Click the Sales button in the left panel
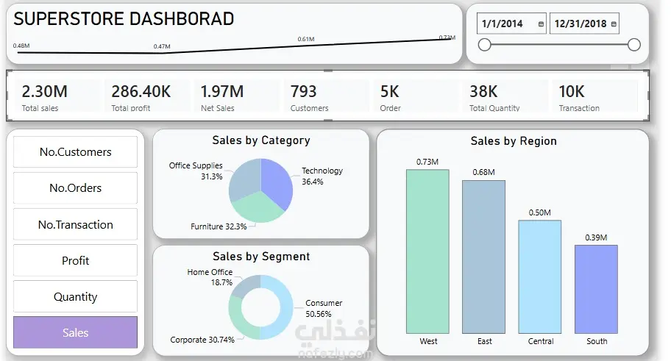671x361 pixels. (x=75, y=332)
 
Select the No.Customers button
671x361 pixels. (x=75, y=152)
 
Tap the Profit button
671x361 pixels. (x=75, y=260)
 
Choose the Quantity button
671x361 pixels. (x=75, y=296)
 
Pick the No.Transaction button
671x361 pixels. (x=75, y=224)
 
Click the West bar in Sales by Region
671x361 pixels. (x=427, y=251)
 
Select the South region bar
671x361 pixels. (x=596, y=289)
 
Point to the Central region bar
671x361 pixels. (x=539, y=276)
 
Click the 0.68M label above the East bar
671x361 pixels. (x=483, y=172)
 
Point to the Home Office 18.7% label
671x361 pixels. (x=210, y=277)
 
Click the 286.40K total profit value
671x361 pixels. (x=141, y=92)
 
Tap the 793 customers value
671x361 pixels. (x=303, y=92)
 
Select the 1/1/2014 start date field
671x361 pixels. (x=503, y=24)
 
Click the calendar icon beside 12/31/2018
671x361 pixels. (x=614, y=24)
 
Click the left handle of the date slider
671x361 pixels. (x=484, y=45)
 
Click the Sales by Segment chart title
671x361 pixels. (x=260, y=257)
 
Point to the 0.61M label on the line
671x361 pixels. (x=306, y=39)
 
